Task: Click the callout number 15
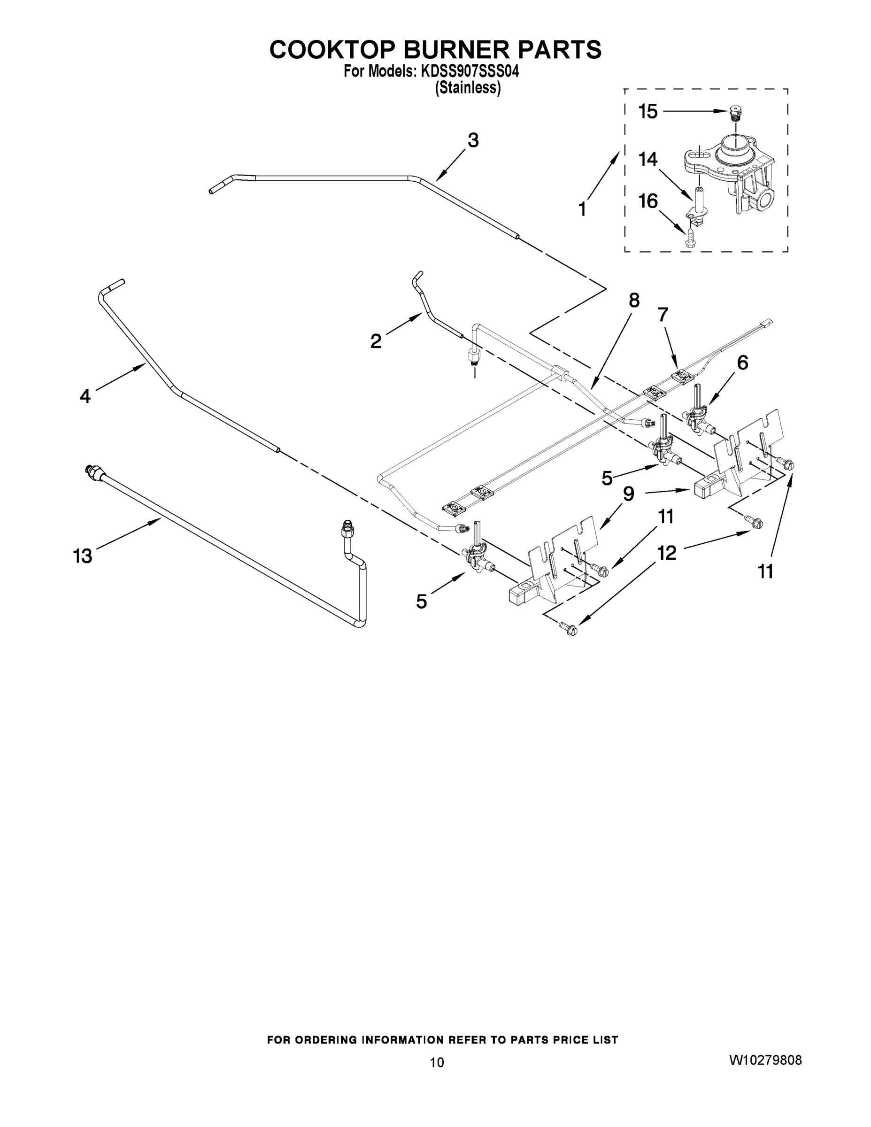tap(648, 111)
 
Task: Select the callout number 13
tap(83, 556)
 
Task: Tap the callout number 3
tap(473, 140)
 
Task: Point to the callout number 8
tap(633, 301)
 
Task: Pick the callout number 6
tap(742, 363)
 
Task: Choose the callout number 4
tap(85, 396)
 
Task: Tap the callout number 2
tap(376, 341)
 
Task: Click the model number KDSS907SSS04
tap(470, 71)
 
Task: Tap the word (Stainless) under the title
tap(468, 88)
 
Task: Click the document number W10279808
tap(765, 1060)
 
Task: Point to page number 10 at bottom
tap(437, 1062)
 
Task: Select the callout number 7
tap(663, 314)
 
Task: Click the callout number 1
tap(582, 209)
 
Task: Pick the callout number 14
tap(648, 160)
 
